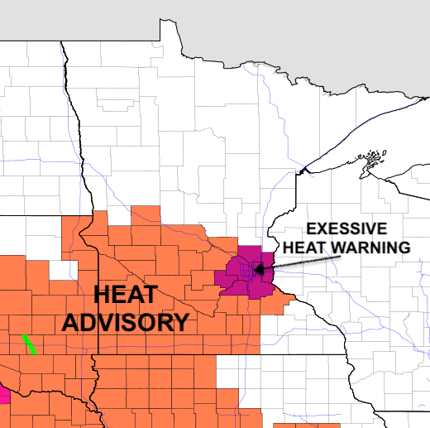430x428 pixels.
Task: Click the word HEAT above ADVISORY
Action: tap(125, 294)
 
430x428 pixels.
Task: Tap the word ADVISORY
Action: tap(125, 322)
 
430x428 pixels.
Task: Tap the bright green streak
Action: tap(29, 343)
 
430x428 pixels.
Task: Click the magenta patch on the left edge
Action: tap(4, 396)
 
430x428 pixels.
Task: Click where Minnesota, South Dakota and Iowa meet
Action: tap(95, 353)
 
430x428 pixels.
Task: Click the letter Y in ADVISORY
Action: tap(179, 322)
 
